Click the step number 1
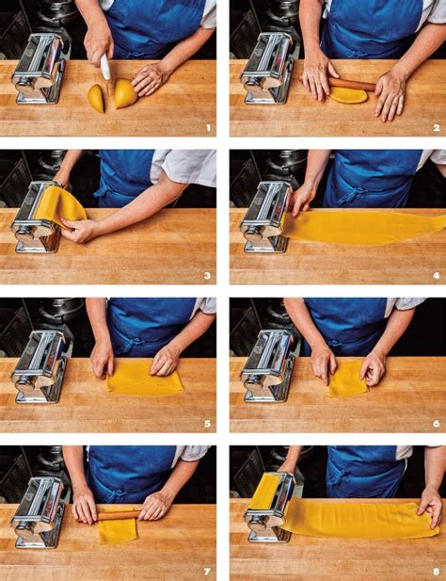[208, 128]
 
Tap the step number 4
[437, 276]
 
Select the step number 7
[207, 572]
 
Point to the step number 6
[437, 424]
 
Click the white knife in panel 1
[105, 66]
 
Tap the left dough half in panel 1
[96, 98]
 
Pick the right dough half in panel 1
[126, 92]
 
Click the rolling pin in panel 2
[351, 84]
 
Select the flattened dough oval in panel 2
[348, 96]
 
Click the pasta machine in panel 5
[40, 367]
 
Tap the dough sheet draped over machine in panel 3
[59, 205]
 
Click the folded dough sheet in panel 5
[145, 378]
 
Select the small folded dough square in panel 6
[348, 379]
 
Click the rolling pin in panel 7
[119, 515]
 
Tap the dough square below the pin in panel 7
[118, 530]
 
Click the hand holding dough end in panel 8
[430, 507]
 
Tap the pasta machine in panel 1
[40, 69]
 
